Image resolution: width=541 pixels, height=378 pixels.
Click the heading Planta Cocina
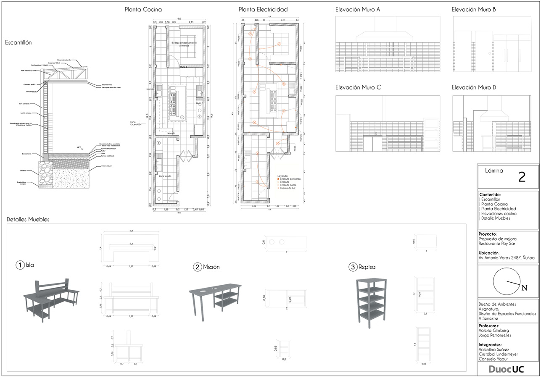[143, 9]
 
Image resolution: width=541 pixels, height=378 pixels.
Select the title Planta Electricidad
[263, 9]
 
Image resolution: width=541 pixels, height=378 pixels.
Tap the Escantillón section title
[18, 42]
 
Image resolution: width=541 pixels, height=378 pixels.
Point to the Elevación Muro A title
[358, 9]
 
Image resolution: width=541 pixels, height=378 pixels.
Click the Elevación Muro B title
[474, 9]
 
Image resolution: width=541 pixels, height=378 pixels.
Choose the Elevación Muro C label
[358, 87]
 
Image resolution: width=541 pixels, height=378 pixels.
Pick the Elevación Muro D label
[474, 87]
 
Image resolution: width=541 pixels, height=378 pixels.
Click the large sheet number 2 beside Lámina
[522, 177]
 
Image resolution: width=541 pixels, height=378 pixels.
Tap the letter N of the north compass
[524, 288]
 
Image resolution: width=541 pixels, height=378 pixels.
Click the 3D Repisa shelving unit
[371, 300]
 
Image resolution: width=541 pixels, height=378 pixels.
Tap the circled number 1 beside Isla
[20, 265]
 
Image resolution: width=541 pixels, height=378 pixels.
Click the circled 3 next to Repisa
[353, 267]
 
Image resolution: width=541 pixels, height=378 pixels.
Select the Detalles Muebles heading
[28, 219]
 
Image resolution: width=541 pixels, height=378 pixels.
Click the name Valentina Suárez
[494, 349]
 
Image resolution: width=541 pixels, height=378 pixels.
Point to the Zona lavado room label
[165, 176]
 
